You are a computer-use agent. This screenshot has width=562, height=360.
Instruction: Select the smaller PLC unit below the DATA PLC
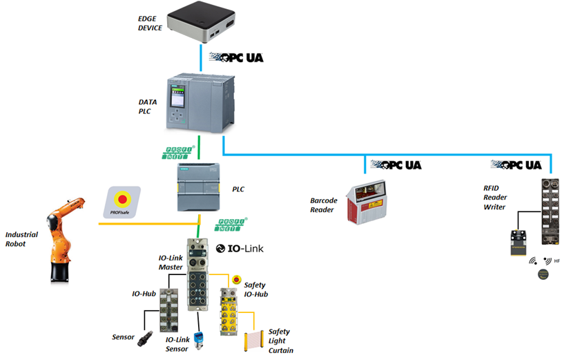[198, 189]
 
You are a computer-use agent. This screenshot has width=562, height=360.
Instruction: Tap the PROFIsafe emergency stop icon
[123, 201]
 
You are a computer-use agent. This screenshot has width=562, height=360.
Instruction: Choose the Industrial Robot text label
[21, 239]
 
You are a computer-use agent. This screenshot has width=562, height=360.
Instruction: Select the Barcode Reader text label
[324, 205]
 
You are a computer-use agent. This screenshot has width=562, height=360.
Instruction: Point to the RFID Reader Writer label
[494, 197]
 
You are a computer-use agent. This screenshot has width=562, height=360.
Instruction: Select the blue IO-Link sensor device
[200, 323]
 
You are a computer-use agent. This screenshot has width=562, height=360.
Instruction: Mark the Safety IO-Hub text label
[257, 290]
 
